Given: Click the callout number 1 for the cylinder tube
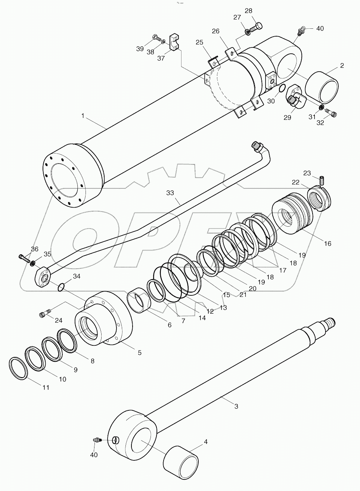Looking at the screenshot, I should coord(83,116).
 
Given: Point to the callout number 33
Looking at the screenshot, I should coord(170,193).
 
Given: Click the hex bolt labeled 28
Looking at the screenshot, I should coord(257,27).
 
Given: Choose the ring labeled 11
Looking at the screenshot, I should coord(18,369).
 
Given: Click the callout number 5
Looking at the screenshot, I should coord(140,352).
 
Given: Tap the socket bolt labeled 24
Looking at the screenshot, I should coord(43,314).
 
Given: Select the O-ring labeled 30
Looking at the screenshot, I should coord(282,88).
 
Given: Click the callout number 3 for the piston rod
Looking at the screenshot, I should coord(236,406).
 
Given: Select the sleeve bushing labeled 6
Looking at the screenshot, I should coord(139,301).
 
